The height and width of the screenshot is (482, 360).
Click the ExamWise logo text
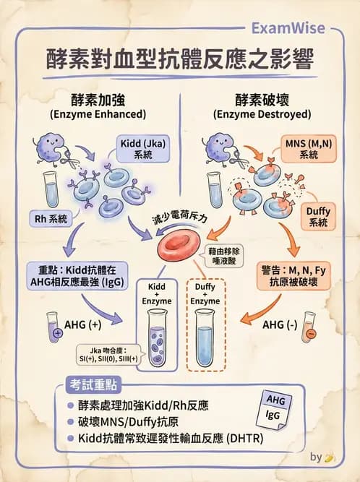pyautogui.click(x=292, y=28)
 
